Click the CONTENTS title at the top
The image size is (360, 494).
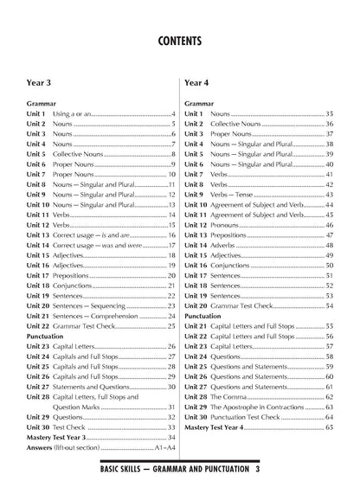pyautogui.click(x=180, y=41)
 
